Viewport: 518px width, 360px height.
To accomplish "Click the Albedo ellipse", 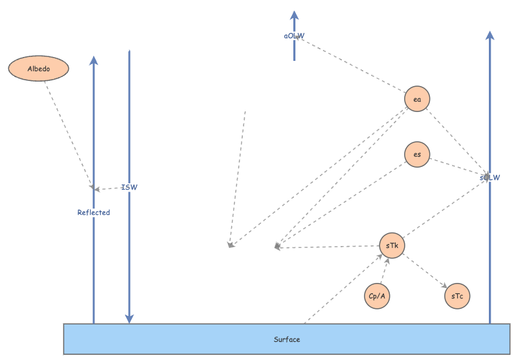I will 38,69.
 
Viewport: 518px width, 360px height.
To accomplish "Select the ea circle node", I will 417,99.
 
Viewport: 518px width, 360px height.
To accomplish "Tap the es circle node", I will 417,155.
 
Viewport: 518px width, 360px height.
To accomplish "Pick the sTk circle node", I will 392,246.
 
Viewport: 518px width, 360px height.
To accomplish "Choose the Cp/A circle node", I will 377,296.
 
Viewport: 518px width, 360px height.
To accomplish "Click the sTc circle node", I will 457,296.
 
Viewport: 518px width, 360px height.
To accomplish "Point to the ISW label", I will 129,188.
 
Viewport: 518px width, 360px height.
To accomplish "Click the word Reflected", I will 94,212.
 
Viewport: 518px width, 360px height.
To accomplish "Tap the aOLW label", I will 295,36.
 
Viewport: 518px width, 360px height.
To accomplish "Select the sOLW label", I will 490,177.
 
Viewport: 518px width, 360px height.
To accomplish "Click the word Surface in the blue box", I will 287,339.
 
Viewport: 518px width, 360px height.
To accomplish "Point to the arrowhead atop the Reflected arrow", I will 94,61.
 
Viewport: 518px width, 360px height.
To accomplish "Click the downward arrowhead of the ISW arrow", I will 129,318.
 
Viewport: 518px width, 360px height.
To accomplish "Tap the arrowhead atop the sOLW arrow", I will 490,35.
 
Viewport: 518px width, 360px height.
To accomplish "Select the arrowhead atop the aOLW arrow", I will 295,15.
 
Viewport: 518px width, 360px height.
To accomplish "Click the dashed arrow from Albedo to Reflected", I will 68,133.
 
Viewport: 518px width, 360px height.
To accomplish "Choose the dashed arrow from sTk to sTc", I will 425,271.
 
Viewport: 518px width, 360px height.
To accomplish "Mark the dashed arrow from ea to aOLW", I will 353,65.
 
